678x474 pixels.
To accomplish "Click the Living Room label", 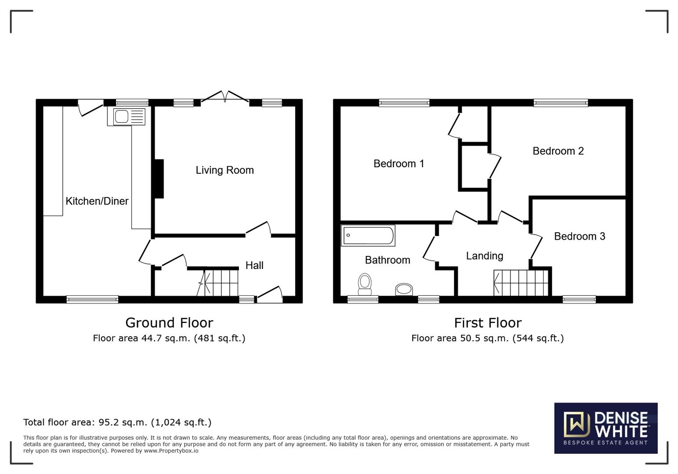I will click(224, 170).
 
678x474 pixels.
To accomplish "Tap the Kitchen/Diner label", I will click(97, 201).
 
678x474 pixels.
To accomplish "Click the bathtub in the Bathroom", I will click(368, 235).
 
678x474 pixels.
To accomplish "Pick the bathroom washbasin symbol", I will click(404, 289).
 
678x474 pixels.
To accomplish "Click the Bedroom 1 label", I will click(398, 164).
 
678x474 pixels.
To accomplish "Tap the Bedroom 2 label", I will click(558, 151).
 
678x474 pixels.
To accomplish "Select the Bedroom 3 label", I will click(579, 237).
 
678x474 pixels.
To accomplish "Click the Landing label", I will click(484, 256).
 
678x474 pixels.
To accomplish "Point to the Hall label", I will click(254, 266).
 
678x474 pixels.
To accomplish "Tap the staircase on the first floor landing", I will click(521, 283).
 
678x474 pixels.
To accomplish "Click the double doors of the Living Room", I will click(225, 97).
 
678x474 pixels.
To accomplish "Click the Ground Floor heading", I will click(169, 323).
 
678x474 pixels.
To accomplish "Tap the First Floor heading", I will click(487, 323).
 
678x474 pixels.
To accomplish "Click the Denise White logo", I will click(606, 428).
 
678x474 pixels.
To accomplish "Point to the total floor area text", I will click(117, 422).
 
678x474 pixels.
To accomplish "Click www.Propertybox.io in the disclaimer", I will click(171, 451).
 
